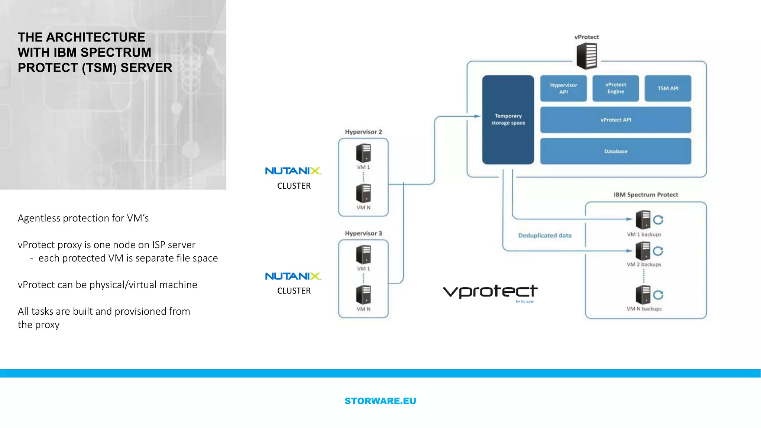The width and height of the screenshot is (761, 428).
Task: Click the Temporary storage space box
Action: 508,120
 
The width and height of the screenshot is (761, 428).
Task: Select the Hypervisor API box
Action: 563,88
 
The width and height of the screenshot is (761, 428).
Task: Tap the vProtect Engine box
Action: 615,88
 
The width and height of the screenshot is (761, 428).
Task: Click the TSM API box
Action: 668,88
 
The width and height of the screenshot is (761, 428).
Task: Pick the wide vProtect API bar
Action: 615,120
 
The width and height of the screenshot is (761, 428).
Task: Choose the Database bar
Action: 615,151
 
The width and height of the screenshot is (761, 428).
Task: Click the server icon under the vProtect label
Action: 587,56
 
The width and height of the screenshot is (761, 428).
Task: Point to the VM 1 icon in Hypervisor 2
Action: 363,153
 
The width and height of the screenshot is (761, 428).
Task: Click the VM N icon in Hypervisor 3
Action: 363,295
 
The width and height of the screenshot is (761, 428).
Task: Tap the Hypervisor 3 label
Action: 363,233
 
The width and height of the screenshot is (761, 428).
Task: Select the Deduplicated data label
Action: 545,235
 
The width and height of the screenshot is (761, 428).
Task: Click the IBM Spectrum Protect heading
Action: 646,195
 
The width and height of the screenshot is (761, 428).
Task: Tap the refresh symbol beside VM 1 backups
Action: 658,220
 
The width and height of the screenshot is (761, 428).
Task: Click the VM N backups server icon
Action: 643,295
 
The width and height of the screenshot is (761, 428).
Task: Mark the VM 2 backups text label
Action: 644,265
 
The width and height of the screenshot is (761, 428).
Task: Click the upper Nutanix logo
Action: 293,171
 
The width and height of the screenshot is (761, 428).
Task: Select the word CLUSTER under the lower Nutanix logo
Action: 294,291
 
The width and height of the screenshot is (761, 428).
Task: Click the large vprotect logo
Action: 490,292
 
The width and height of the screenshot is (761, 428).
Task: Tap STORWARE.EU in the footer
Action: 380,401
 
